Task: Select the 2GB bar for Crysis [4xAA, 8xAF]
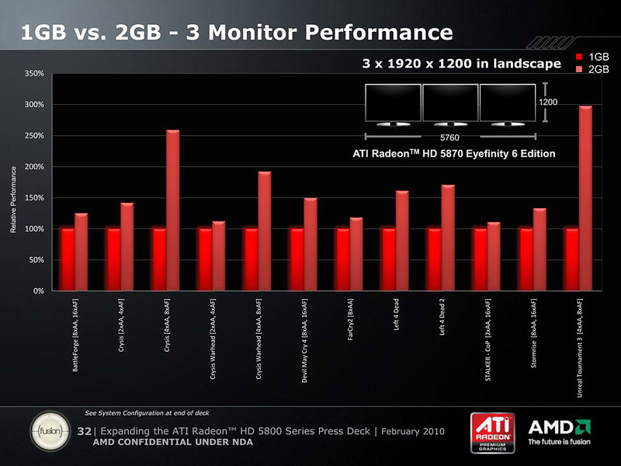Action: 172,210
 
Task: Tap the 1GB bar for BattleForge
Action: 68,259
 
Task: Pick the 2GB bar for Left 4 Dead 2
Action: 448,238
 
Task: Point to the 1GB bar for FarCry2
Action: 343,259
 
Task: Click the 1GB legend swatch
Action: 579,57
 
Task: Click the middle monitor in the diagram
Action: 449,102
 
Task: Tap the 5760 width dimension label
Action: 449,137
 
